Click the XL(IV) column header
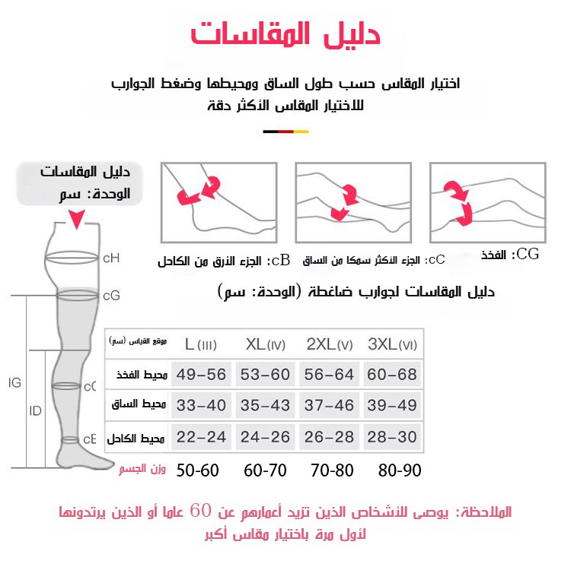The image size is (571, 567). tap(265, 344)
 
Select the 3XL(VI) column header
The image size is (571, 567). tap(392, 344)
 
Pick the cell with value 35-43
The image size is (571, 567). tap(265, 406)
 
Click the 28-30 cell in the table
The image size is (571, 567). tap(392, 439)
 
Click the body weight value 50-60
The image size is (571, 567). tap(197, 470)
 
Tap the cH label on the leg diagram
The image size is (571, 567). tap(111, 258)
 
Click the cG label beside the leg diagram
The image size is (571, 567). tap(111, 294)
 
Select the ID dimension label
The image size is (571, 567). tap(35, 411)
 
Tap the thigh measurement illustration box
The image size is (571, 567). tap(487, 202)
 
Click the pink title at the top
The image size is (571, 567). tap(285, 34)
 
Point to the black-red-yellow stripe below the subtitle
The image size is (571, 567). tap(285, 131)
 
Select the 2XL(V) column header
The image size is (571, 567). tap(329, 344)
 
